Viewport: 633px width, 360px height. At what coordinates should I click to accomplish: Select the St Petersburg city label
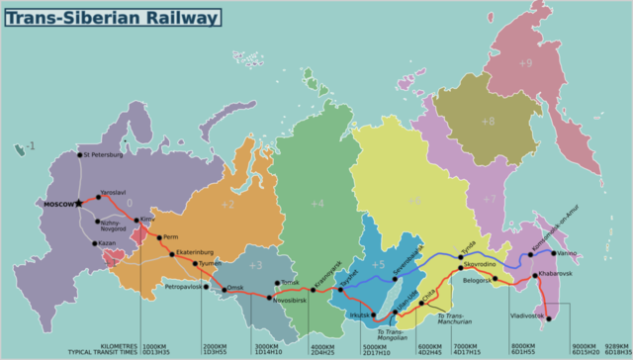click(x=104, y=155)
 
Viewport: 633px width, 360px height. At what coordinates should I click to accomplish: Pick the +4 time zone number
click(x=316, y=204)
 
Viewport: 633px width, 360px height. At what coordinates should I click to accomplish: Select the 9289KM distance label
click(x=615, y=346)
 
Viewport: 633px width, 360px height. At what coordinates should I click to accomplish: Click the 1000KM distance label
click(x=155, y=346)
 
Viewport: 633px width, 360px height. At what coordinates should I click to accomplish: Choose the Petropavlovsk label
click(x=184, y=287)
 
